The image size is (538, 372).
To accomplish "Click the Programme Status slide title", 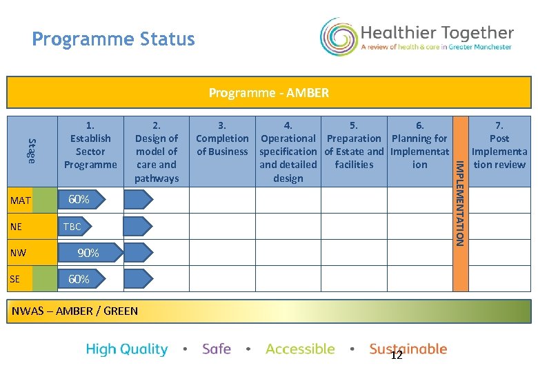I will (113, 39).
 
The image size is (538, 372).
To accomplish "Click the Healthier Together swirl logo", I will (338, 37).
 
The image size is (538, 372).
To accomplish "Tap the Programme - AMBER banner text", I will (269, 92).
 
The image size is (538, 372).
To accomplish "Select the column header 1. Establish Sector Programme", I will (90, 145).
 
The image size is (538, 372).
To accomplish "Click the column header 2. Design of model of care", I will (157, 152).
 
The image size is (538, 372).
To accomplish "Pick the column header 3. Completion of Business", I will (222, 138).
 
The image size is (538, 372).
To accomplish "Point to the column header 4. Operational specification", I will (288, 152).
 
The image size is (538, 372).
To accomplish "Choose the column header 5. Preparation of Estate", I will (354, 145).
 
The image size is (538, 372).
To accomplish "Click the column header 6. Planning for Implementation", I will (419, 145).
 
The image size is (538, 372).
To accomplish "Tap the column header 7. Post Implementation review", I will (499, 145).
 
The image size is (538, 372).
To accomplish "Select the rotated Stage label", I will (31, 151).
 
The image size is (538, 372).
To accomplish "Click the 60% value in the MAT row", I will (78, 200).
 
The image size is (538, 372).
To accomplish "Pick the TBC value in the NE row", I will (72, 227).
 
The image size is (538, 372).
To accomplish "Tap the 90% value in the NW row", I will (88, 253).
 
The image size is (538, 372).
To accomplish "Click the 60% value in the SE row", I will (78, 279).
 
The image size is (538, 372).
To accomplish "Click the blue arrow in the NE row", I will (139, 226).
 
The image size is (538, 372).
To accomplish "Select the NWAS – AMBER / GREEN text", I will (75, 311).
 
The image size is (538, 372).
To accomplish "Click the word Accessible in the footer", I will (300, 349).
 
